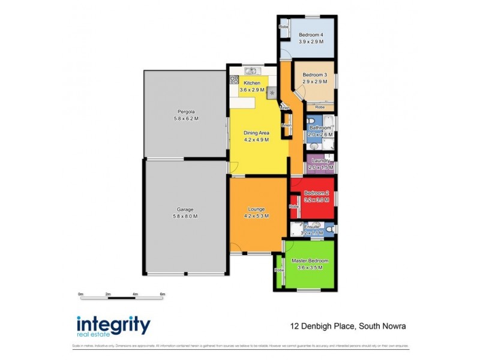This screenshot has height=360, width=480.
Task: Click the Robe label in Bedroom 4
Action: [283, 27]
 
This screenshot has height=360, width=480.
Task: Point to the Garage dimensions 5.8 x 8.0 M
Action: [185, 216]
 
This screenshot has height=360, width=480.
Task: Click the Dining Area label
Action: [256, 133]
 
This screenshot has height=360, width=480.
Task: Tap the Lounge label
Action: [256, 209]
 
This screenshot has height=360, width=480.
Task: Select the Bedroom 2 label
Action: [316, 193]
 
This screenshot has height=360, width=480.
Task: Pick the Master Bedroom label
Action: [310, 261]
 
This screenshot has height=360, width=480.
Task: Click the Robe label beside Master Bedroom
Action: [280, 270]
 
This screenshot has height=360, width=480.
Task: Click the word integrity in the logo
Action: [113, 325]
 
